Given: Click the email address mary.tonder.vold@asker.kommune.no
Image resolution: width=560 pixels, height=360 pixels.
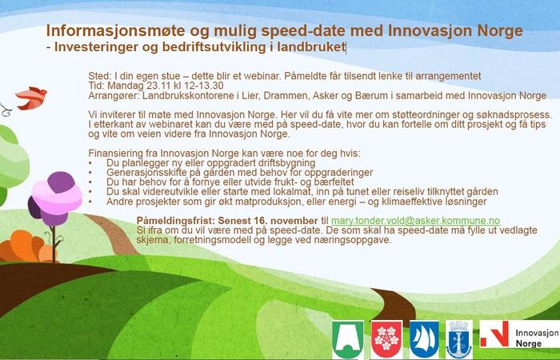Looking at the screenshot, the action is pos(415,221).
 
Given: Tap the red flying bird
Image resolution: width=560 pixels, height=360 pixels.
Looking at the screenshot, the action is pos(31,98).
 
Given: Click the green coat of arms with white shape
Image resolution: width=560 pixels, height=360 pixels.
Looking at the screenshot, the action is pos(348,339).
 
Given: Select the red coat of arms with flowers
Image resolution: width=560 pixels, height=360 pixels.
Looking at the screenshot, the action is pos(386,339).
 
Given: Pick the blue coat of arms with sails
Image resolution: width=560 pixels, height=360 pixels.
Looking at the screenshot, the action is pos(424,339).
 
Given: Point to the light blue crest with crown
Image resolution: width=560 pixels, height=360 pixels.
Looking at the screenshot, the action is pos(459,339).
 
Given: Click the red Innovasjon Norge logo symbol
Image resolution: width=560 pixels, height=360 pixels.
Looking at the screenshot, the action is pos(494,334).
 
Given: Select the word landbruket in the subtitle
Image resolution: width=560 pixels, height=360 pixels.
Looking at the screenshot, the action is pos(311,47).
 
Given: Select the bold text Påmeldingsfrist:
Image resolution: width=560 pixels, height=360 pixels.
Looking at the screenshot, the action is pos(176,220).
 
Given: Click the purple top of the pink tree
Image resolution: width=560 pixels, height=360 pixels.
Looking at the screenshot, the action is pos(61,182).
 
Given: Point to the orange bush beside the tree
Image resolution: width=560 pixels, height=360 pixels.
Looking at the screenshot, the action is pos(26,246).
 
